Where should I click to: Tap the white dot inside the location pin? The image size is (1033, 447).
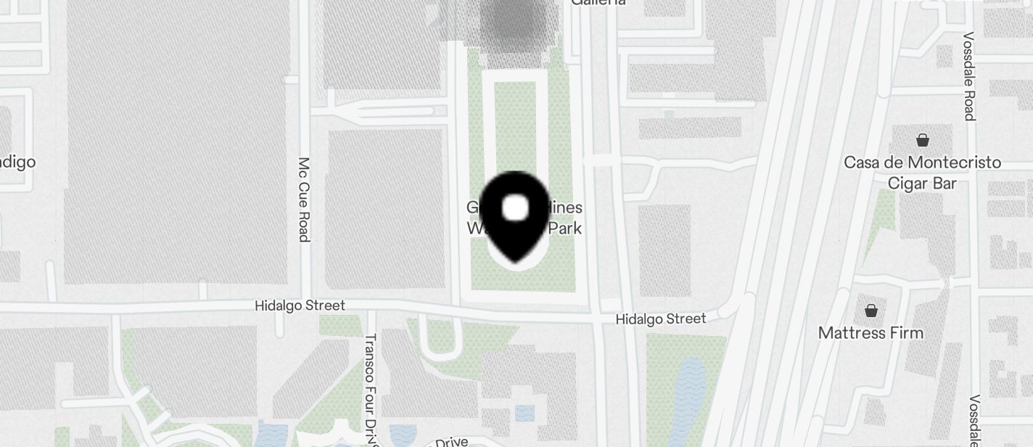[x=515, y=208]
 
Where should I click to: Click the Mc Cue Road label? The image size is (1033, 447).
[x=304, y=200]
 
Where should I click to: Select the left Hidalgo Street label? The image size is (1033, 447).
[x=300, y=305]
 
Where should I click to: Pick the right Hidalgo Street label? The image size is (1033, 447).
[x=660, y=319]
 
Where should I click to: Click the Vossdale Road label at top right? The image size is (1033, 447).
[x=968, y=75]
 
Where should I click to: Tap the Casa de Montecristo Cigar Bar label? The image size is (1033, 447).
[x=922, y=173]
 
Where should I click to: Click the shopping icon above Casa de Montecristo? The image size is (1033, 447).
[x=923, y=140]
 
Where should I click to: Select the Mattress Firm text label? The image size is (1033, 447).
[x=871, y=333]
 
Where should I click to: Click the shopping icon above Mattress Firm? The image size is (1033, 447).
[x=871, y=311]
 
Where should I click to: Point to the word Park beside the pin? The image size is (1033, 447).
[x=564, y=229]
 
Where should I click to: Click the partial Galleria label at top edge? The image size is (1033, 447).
[x=598, y=3]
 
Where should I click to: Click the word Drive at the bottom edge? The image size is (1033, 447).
[x=450, y=442]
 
